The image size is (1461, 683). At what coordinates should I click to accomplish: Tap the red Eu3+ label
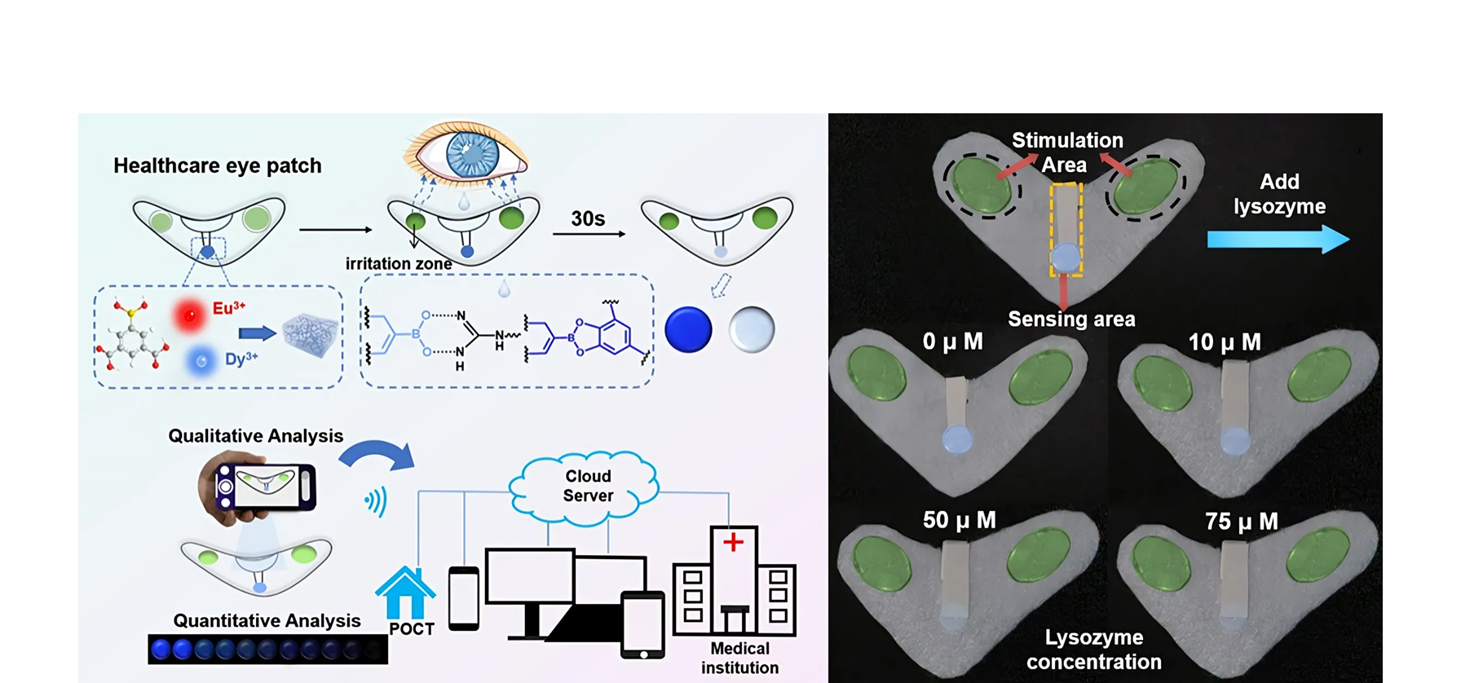tap(228, 308)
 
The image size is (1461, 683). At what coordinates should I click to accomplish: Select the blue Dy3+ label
tap(241, 359)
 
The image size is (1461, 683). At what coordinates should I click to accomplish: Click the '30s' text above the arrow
tap(588, 218)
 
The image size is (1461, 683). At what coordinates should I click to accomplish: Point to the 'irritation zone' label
tap(399, 263)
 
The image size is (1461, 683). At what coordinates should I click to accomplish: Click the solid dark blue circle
tap(688, 329)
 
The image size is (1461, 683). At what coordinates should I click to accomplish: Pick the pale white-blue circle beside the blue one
tap(751, 329)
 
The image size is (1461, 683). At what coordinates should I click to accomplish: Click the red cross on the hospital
tap(733, 542)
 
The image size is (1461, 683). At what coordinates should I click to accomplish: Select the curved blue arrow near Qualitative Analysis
tap(378, 456)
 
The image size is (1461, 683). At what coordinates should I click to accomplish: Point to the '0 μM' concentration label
tap(952, 341)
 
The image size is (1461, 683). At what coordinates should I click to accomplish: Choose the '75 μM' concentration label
tap(1241, 522)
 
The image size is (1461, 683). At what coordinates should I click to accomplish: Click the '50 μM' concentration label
tap(959, 520)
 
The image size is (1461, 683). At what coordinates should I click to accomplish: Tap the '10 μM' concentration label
tap(1224, 342)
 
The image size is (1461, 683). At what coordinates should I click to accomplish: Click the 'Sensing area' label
tap(1071, 319)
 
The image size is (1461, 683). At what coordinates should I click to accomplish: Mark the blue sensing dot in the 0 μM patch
tap(957, 440)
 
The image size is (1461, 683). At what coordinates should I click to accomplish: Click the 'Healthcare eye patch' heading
tap(218, 165)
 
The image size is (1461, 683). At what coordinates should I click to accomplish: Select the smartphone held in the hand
tap(265, 487)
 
